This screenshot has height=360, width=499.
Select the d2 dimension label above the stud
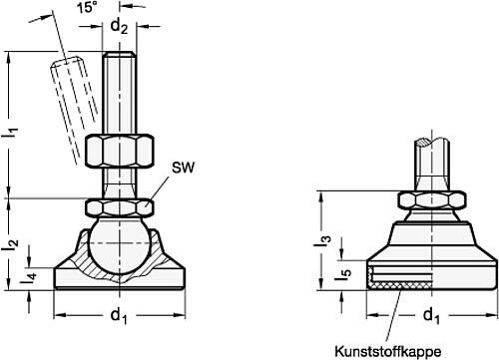(x=119, y=26)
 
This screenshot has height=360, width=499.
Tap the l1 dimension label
(x=12, y=132)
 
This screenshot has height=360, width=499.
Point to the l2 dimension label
(x=12, y=244)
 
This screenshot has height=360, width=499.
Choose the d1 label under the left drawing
(x=119, y=316)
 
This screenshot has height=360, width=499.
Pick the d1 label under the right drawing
(x=431, y=316)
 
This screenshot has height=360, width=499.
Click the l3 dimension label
(x=326, y=241)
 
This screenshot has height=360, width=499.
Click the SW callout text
(x=183, y=168)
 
